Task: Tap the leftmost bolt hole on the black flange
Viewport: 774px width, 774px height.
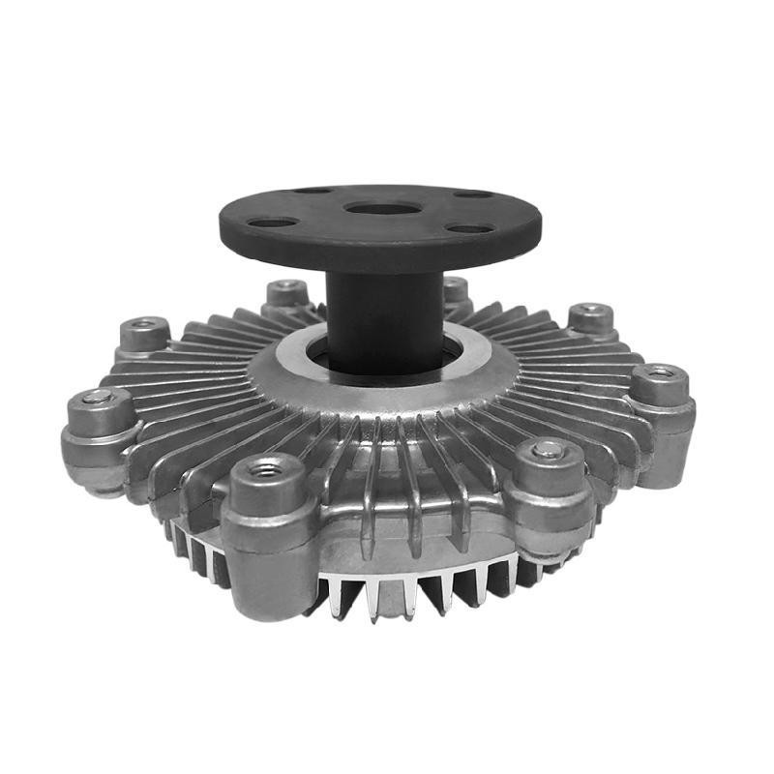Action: [272, 222]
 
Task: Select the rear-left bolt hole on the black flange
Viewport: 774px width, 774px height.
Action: [313, 191]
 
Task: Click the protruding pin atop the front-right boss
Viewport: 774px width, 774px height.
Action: [549, 448]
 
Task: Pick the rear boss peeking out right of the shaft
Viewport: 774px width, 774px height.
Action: [456, 289]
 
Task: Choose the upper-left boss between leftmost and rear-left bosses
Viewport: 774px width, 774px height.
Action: [145, 334]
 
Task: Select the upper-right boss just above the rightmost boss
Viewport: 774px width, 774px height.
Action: [591, 320]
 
